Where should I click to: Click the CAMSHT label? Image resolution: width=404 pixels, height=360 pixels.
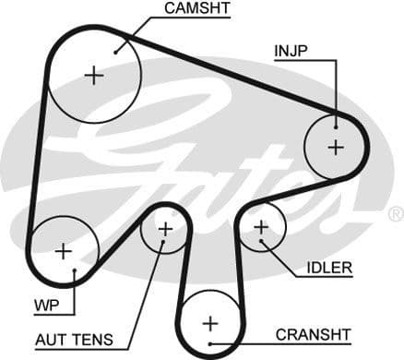(x=197, y=9)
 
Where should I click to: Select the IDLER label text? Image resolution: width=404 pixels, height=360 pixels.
(x=329, y=269)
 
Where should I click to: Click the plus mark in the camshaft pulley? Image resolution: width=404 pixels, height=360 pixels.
(x=94, y=75)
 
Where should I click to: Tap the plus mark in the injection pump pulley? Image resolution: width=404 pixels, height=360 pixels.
(x=335, y=146)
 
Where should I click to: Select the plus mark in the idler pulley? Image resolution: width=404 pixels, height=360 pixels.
(x=261, y=226)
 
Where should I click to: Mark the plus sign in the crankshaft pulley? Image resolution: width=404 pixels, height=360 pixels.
(x=210, y=323)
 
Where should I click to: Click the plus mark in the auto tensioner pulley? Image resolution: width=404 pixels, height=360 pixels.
(x=165, y=228)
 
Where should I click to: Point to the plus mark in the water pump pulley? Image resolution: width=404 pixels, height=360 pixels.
(x=63, y=250)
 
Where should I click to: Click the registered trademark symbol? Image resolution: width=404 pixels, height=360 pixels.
(x=395, y=214)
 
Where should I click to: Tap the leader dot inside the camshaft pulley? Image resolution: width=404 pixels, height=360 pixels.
(x=117, y=52)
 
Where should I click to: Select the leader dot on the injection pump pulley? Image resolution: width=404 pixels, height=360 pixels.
(x=337, y=125)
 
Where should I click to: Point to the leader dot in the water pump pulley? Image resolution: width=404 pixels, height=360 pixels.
(x=74, y=270)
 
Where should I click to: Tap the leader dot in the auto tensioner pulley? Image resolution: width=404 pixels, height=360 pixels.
(x=164, y=246)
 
